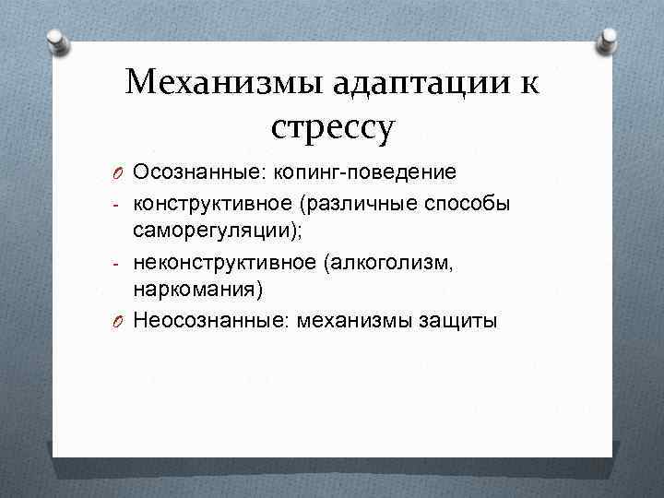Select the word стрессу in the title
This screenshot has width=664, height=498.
(334, 126)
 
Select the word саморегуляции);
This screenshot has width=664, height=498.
(218, 231)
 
